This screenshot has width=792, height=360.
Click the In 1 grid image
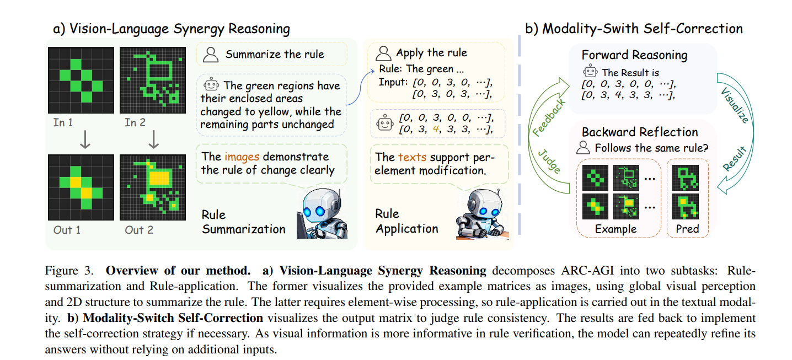click(81, 80)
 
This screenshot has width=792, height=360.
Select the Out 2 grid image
click(153, 187)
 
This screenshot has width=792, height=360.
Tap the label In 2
click(135, 122)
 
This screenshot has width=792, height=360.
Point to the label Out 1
click(67, 229)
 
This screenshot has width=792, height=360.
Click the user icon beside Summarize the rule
click(210, 55)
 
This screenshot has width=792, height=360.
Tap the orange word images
click(242, 157)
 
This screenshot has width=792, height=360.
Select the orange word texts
click(412, 157)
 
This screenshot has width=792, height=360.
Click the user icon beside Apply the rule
click(383, 53)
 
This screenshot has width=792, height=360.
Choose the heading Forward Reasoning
click(634, 55)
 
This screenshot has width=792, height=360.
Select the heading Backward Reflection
click(640, 132)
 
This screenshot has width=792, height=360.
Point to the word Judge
click(549, 161)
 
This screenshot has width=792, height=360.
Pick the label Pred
click(687, 228)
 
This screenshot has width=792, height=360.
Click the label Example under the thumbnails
click(615, 228)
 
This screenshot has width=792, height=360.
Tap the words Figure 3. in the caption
click(65, 271)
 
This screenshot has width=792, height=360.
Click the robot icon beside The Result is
click(591, 72)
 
